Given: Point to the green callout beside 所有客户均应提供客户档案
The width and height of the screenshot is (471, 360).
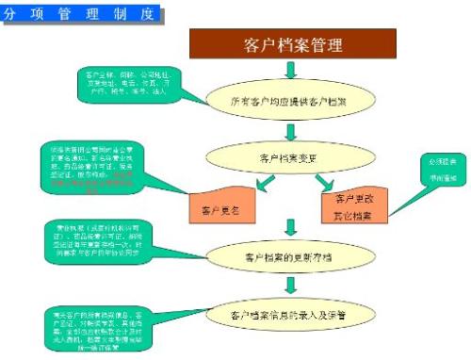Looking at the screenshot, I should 122,84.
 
